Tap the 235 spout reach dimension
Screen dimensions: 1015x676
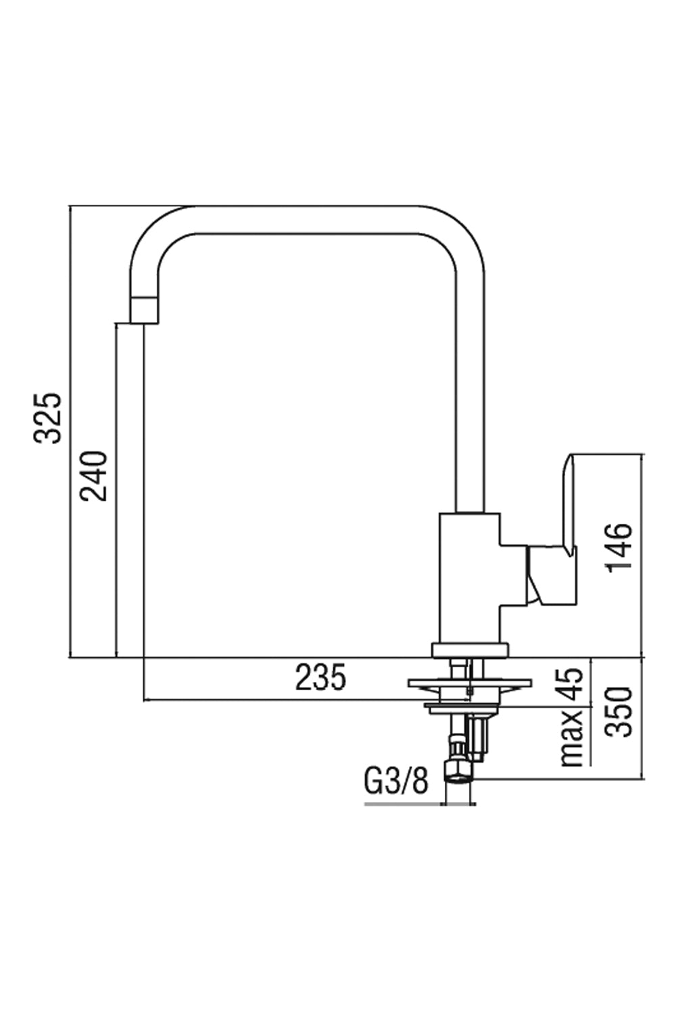pos(320,677)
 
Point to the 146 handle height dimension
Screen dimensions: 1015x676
pos(619,547)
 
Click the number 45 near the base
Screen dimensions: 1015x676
pos(571,685)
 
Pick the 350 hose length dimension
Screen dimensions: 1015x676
pos(619,712)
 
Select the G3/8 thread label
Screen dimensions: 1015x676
pos(396,782)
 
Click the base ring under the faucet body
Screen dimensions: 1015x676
pos(469,650)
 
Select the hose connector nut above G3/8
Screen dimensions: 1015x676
pos(459,771)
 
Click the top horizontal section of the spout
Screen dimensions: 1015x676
pos(304,220)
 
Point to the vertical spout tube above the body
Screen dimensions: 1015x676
pos(470,406)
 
